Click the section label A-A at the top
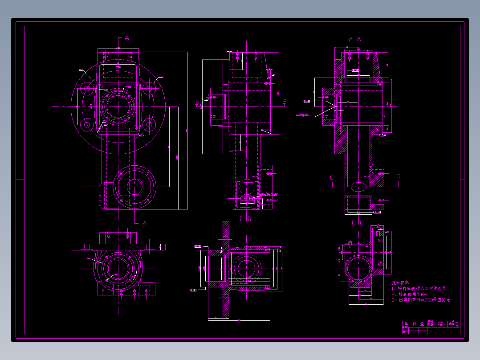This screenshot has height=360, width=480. point(354,39)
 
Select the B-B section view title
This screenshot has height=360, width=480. point(245,219)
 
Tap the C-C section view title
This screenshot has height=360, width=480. point(358,223)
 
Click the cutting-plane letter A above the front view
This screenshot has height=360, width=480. point(127,38)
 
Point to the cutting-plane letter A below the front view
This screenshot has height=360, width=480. point(144,223)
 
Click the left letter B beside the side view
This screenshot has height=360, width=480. point(197,102)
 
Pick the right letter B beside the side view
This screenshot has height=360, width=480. point(285,102)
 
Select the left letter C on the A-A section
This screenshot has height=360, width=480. point(332,177)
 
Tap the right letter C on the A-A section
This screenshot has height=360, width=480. point(398,176)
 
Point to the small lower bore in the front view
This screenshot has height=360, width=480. point(134,186)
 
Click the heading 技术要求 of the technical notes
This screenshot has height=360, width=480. point(400,282)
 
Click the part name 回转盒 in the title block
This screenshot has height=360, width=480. point(413,324)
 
